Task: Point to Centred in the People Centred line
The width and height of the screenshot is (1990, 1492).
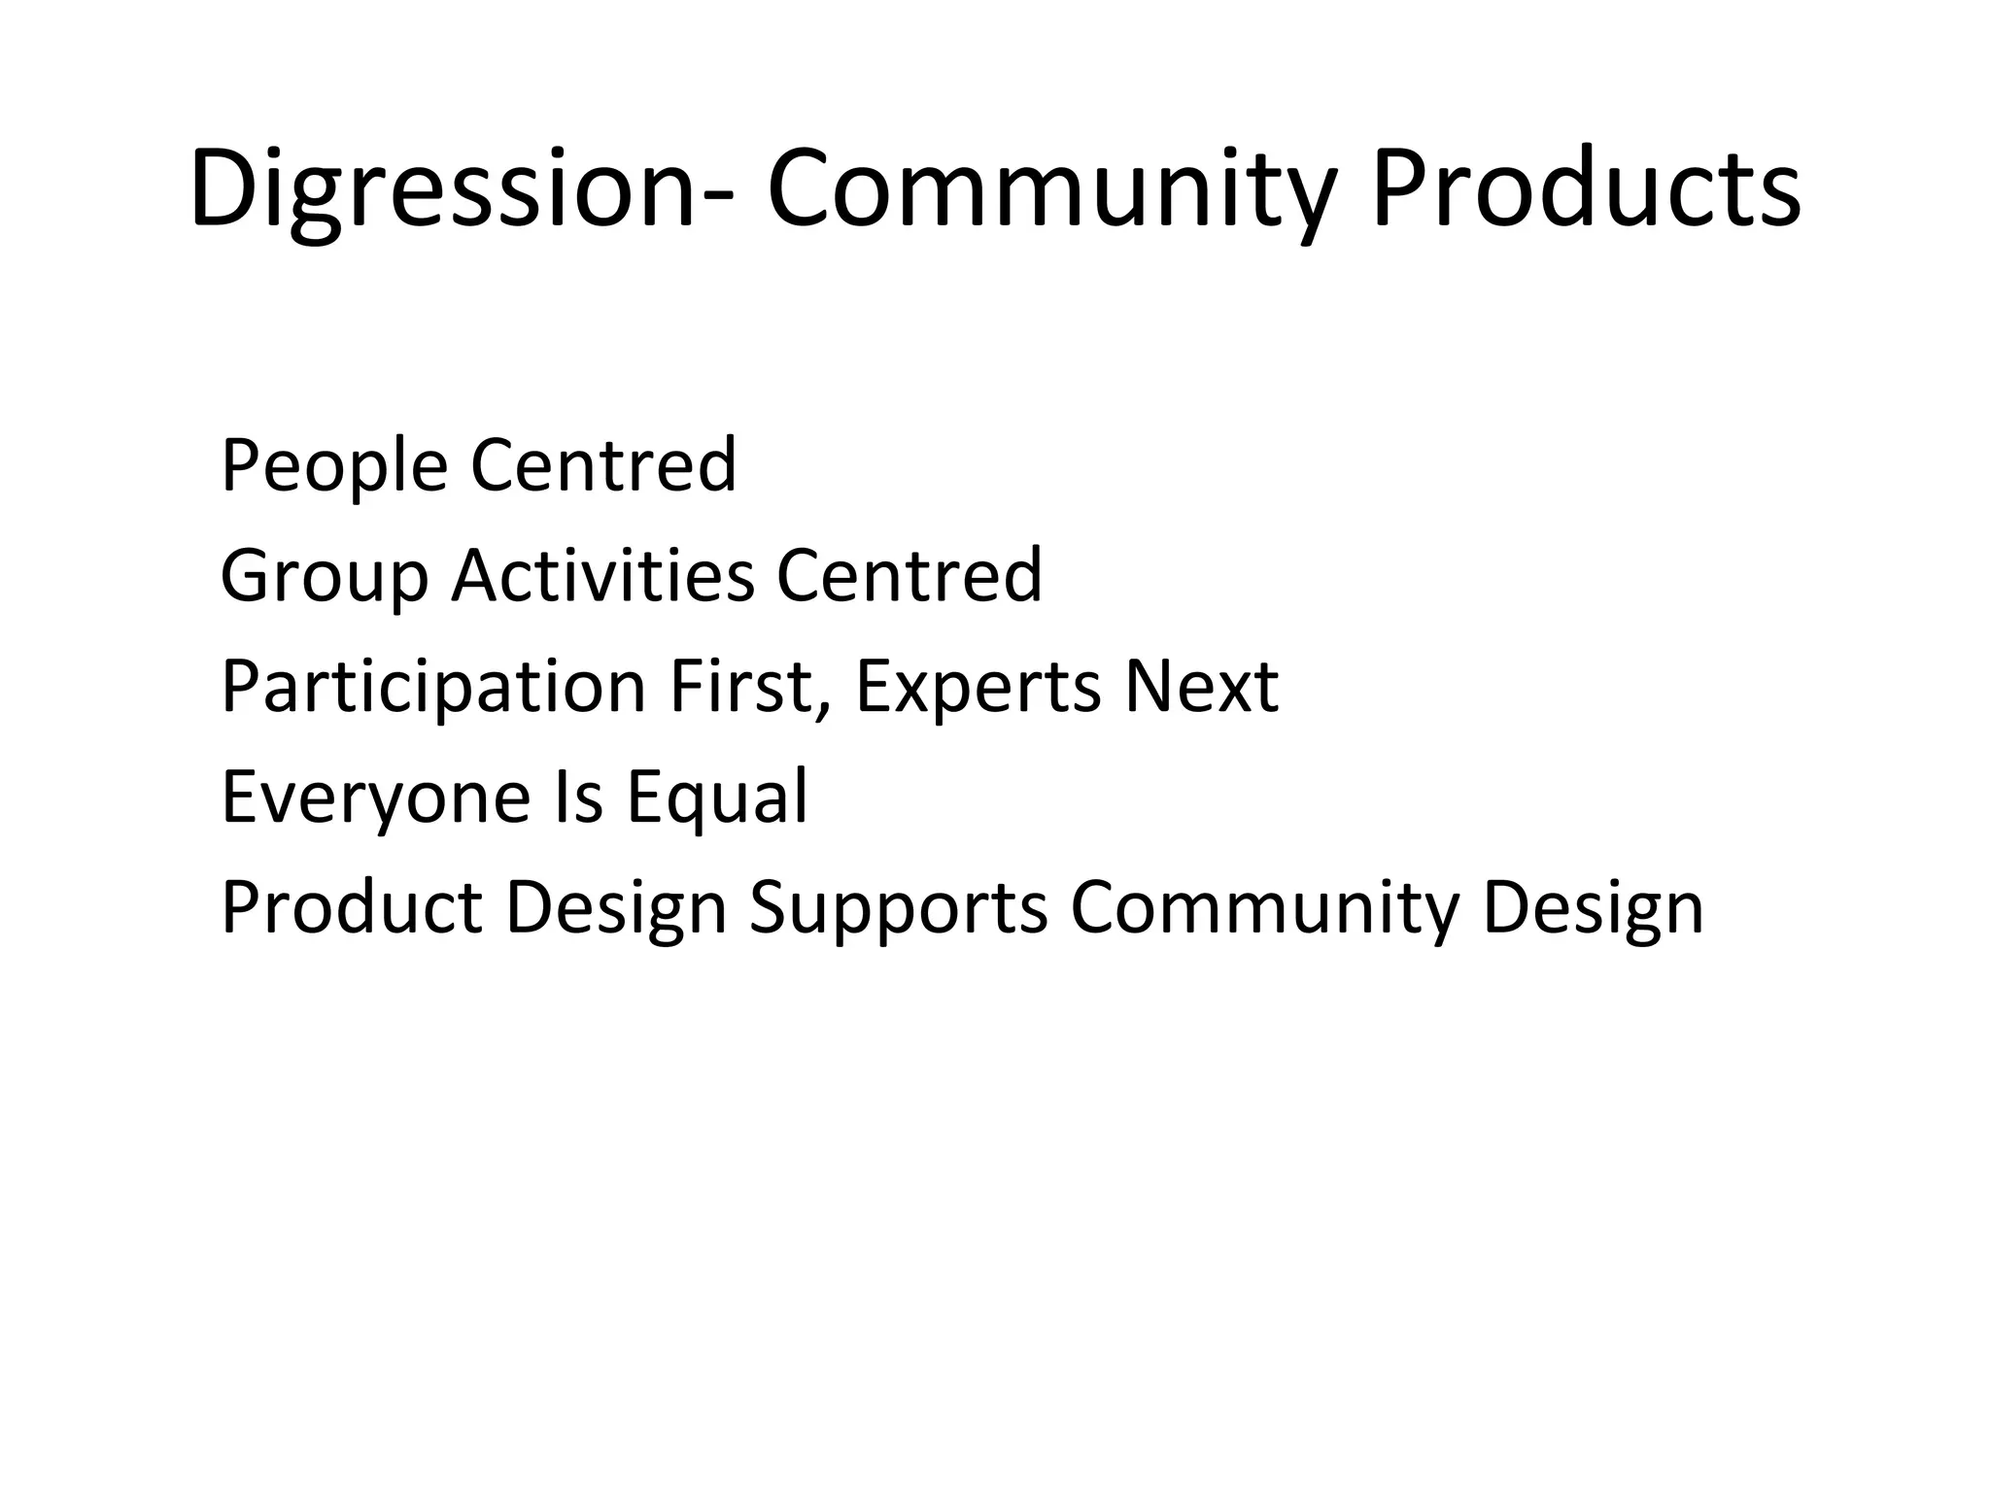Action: tap(603, 466)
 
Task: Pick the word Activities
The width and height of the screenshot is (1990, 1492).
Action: tap(602, 575)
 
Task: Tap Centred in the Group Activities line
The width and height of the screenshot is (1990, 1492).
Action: tap(909, 575)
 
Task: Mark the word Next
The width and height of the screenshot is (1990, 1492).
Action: tap(1201, 686)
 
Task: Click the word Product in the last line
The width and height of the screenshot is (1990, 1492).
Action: tap(352, 907)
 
